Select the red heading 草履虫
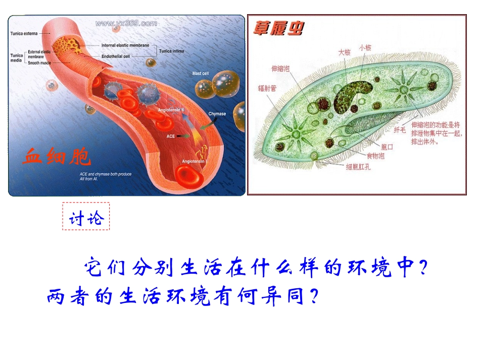click(x=278, y=29)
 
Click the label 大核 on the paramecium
click(x=344, y=53)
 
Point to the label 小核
click(x=365, y=47)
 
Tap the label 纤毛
click(x=399, y=130)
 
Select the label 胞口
click(x=387, y=146)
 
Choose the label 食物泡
click(x=375, y=156)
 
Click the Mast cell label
click(x=200, y=74)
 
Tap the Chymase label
click(x=217, y=114)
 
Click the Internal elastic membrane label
click(x=125, y=45)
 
